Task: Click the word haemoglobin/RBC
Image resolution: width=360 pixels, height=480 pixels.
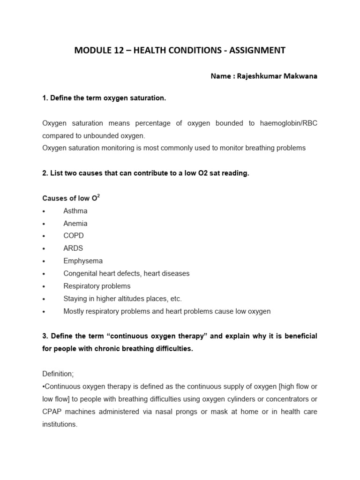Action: (x=291, y=123)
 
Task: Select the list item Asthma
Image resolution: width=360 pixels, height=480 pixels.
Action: (x=75, y=211)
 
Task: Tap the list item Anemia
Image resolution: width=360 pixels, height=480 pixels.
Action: (x=75, y=224)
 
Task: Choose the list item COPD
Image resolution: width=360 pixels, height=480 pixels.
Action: (x=74, y=236)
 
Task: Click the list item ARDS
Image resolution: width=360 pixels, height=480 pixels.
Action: (x=74, y=248)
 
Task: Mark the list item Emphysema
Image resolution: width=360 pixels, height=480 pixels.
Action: (x=83, y=261)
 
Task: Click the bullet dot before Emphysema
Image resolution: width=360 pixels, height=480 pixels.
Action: (x=44, y=262)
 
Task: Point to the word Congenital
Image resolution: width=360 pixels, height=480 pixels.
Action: (x=81, y=273)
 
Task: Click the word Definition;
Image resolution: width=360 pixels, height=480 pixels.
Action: (x=58, y=374)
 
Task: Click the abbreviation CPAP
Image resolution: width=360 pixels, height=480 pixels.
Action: (x=52, y=412)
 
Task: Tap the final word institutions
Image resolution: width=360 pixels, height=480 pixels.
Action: (x=60, y=424)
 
